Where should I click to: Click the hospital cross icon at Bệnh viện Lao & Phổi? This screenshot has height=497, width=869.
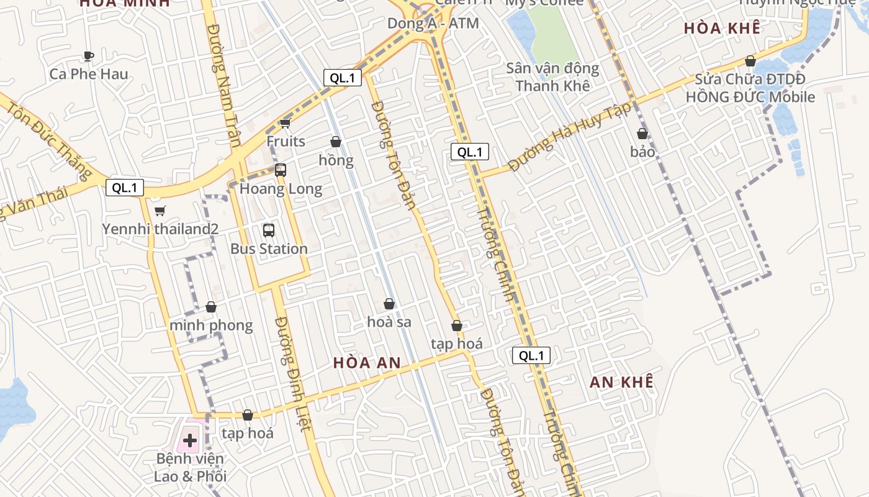190,440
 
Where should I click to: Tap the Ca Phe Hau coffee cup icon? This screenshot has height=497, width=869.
89,56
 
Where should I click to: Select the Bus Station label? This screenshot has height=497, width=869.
269,249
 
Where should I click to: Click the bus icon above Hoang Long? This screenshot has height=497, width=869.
281,170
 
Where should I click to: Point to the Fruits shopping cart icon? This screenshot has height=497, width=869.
286,123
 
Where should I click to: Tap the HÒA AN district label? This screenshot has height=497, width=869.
366,363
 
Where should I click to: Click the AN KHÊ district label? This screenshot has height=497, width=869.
621,382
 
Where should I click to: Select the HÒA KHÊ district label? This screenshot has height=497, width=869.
722,29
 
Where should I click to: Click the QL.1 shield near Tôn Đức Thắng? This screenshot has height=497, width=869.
125,188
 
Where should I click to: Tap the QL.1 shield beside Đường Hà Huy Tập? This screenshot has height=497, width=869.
469,152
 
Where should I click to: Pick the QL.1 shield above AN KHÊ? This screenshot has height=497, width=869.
531,355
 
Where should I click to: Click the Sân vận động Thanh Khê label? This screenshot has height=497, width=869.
552,77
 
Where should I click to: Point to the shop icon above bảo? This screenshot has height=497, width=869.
642,134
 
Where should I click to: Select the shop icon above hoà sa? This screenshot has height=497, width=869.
389,304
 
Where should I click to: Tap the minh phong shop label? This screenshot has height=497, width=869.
211,326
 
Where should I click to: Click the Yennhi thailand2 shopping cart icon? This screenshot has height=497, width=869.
160,211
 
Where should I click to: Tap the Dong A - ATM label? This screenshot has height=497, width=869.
433,24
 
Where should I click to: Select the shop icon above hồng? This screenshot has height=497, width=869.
336,142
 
